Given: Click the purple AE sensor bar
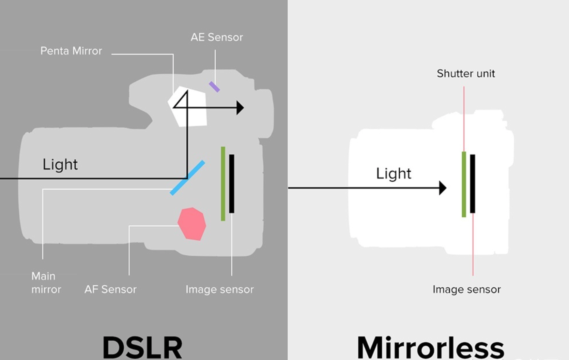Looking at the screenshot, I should coord(214,87).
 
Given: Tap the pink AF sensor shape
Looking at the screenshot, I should coord(192,224).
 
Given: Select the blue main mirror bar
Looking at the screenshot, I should coord(188,178).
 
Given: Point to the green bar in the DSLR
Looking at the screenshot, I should coord(223,184).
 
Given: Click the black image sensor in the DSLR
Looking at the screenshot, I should coord(232,184).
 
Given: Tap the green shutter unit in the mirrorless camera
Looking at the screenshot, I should coord(464,184).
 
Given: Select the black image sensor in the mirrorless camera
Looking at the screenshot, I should coord(473,184).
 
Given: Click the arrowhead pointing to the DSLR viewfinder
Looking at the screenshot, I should coord(240,108).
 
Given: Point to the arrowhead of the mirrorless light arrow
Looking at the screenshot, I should coord(443,188).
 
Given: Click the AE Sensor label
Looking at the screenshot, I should coord(217,37).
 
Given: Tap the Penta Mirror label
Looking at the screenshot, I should coord(71,51).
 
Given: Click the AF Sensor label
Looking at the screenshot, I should coord(110,289).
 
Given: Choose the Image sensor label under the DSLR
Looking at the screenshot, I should coord(219,289).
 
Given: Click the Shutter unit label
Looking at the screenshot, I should coord(466,74).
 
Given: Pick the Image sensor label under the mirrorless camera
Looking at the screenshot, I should coord(466,289).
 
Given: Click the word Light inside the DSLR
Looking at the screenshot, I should coord(60,165).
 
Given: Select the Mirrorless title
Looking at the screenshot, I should coord(430,348).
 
